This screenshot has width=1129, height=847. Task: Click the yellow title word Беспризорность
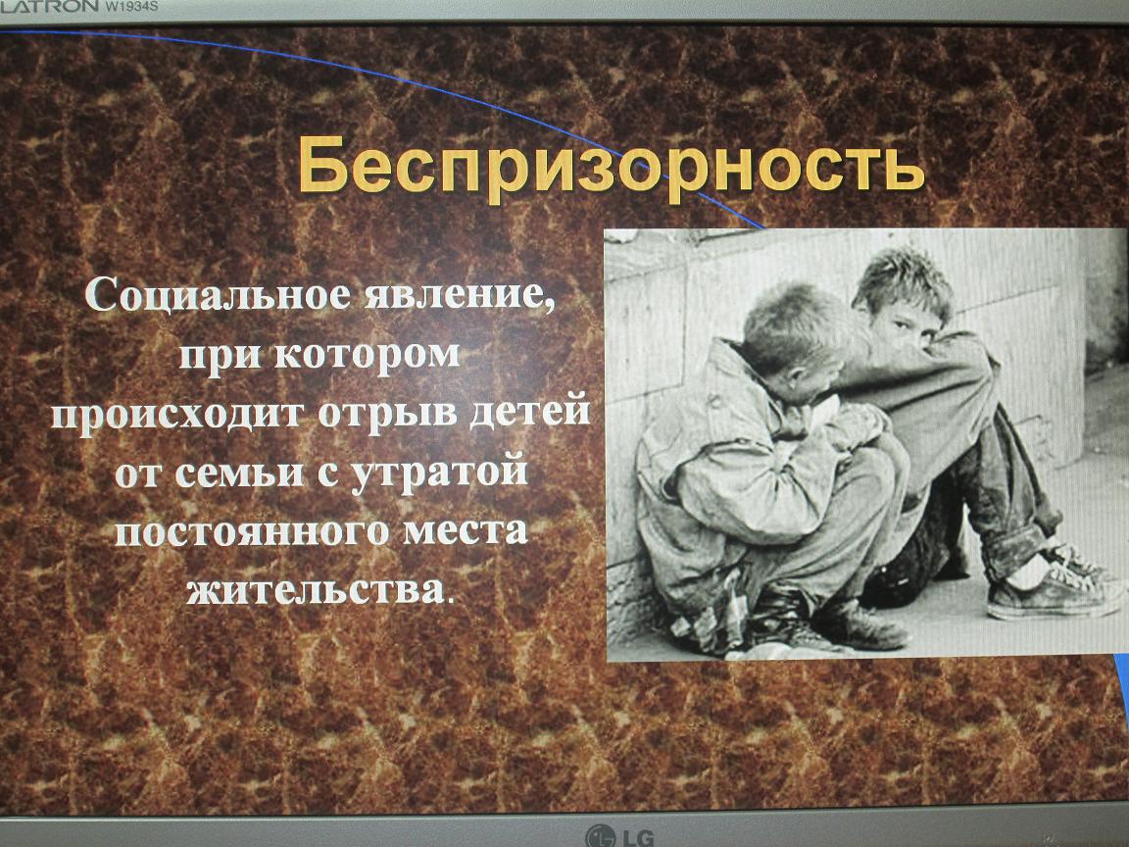tap(611, 168)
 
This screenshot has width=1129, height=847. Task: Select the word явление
tap(460, 295)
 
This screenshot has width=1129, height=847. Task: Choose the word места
tap(466, 531)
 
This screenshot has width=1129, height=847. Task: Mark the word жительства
tap(316, 590)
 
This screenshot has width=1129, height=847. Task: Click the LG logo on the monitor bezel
tap(620, 836)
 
